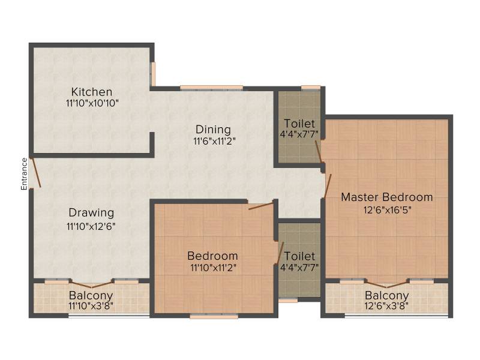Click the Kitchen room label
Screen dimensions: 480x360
[92, 92]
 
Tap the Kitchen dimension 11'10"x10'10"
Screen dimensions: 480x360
[92, 103]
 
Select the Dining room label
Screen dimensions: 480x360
[213, 130]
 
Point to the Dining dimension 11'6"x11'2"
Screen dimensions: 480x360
[214, 142]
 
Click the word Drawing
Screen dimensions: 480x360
[91, 213]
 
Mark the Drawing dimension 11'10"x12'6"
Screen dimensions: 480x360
[91, 227]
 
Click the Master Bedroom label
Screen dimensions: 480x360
[387, 197]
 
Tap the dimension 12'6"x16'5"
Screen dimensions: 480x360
[387, 211]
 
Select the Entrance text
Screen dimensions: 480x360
[24, 174]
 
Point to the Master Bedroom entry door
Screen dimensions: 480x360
[328, 186]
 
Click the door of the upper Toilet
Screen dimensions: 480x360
[319, 152]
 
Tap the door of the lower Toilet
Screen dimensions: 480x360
[280, 253]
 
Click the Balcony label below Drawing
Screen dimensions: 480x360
[91, 296]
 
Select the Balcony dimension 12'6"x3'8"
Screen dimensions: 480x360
[386, 306]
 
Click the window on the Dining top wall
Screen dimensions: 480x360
[212, 88]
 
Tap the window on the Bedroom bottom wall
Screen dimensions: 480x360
[214, 316]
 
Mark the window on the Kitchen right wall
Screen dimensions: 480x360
[154, 74]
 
